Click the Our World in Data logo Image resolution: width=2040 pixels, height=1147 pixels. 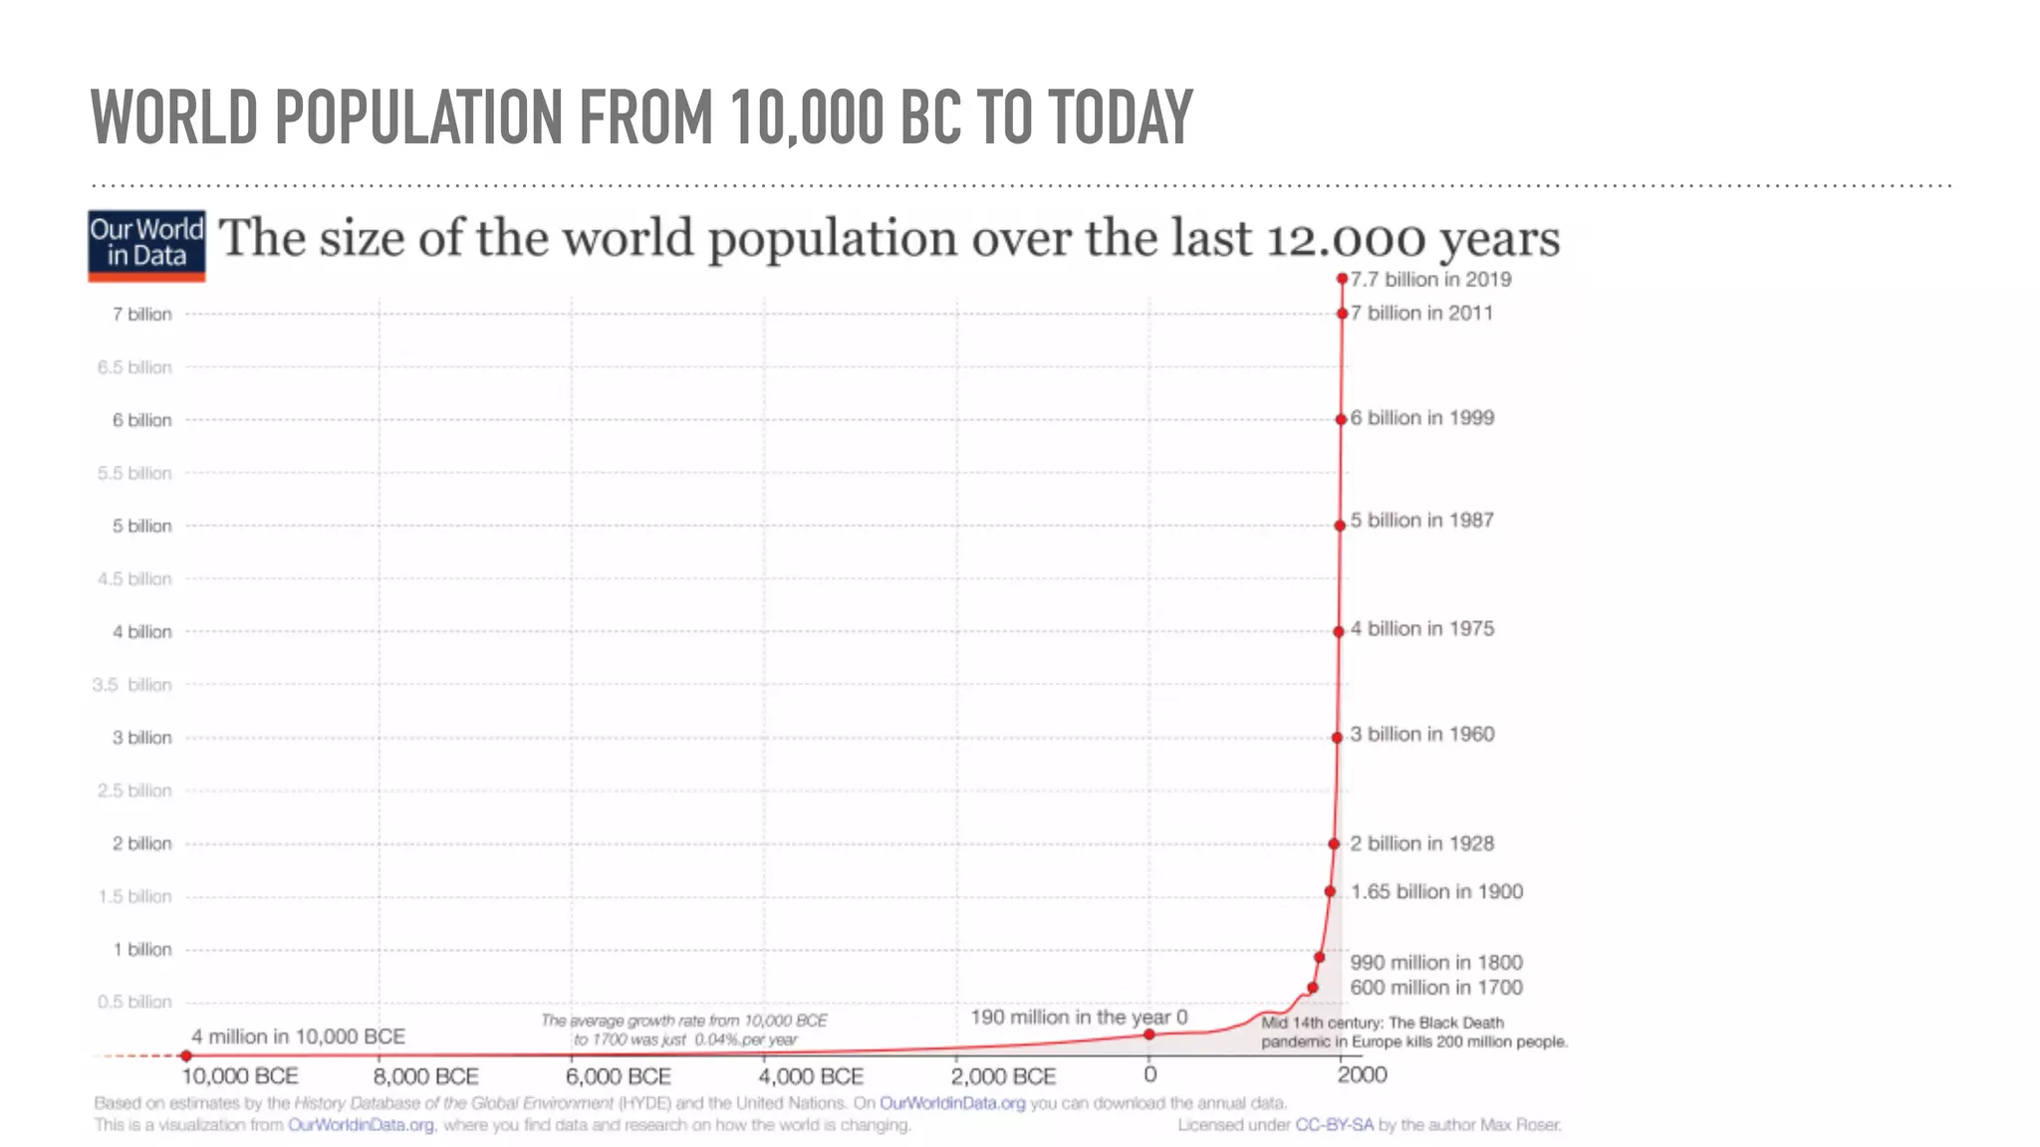[146, 245]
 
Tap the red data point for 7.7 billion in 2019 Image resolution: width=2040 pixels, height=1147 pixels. [1342, 279]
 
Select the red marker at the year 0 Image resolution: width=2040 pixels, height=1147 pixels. [1148, 1033]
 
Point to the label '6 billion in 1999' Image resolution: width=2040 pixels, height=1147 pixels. [1421, 418]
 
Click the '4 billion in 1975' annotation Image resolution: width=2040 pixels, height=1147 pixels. [1421, 629]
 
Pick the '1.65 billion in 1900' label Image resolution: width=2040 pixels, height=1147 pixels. [1436, 892]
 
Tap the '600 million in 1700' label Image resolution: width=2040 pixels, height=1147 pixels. [1435, 988]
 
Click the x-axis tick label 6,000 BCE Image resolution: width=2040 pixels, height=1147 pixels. [618, 1076]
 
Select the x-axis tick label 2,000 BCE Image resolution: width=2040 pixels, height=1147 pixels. [1002, 1076]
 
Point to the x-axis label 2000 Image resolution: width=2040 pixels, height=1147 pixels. [1362, 1075]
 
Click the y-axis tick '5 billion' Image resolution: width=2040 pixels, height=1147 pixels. [141, 526]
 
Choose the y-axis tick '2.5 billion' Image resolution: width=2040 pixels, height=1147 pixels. [134, 791]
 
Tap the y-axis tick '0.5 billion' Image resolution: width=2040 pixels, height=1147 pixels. [134, 1002]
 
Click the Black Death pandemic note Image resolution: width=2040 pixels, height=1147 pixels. [1413, 1032]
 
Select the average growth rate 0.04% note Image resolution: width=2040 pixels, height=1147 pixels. [684, 1030]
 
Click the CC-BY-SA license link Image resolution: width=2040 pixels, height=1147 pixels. [1334, 1125]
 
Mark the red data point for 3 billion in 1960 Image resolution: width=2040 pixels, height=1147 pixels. [1337, 738]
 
